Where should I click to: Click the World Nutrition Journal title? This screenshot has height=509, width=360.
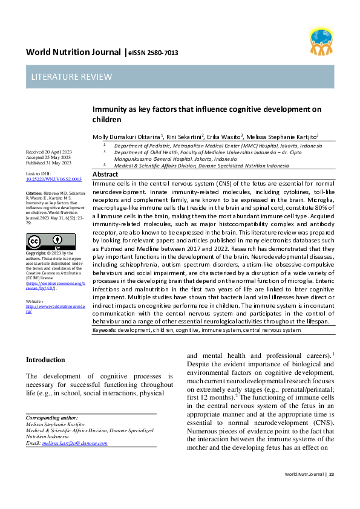pyautogui.click(x=73, y=52)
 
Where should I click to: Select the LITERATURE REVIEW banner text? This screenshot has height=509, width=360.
pyautogui.click(x=72, y=77)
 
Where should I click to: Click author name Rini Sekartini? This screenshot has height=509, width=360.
pyautogui.click(x=184, y=136)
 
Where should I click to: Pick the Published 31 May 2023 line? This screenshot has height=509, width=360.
pyautogui.click(x=48, y=163)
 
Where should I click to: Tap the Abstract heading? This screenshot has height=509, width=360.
pyautogui.click(x=105, y=174)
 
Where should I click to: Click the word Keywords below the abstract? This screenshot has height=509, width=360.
pyautogui.click(x=105, y=331)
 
